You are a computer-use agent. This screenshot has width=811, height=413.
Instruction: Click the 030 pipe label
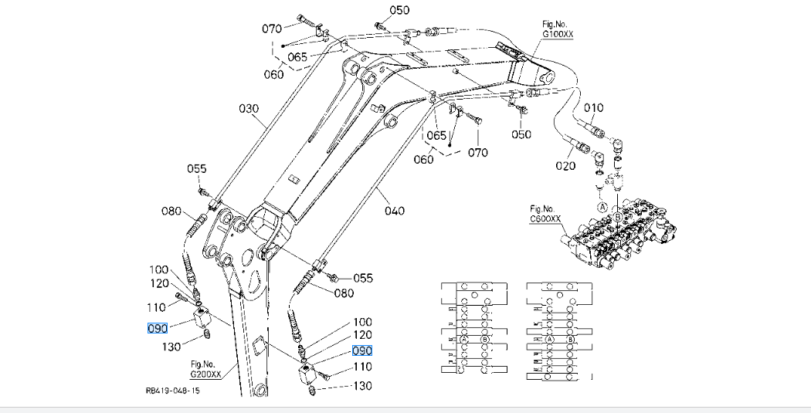click(249, 109)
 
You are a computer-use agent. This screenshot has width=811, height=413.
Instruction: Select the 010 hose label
click(593, 107)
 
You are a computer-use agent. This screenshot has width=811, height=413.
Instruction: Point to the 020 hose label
click(565, 166)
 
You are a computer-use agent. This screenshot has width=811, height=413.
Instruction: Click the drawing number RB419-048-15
click(171, 391)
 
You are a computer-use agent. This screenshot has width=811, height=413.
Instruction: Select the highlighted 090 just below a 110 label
click(158, 328)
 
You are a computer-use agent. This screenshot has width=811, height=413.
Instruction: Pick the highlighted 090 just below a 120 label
click(362, 350)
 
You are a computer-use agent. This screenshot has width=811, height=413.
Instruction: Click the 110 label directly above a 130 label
click(362, 367)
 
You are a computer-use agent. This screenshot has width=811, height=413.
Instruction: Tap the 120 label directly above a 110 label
click(159, 283)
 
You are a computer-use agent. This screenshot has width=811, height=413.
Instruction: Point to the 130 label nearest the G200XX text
click(171, 347)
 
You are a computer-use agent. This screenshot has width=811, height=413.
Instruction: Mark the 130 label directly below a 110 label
click(362, 386)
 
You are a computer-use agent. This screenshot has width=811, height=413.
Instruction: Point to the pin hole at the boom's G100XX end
click(548, 78)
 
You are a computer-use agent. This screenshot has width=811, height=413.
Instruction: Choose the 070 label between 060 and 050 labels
click(478, 152)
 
